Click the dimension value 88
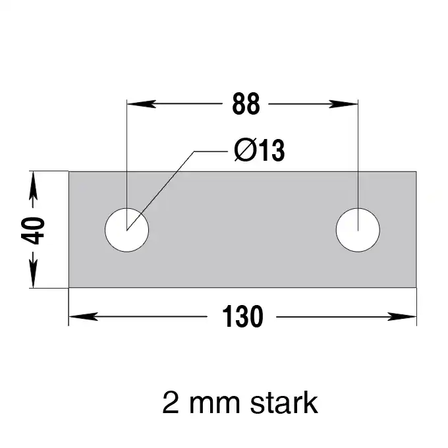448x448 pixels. [x=246, y=103]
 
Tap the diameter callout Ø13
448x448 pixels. [x=260, y=150]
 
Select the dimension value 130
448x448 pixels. [x=242, y=316]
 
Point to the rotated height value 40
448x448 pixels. [x=33, y=231]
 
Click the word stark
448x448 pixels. [x=284, y=403]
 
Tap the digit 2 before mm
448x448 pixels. [x=171, y=403]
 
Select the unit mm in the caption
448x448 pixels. [x=215, y=406]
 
